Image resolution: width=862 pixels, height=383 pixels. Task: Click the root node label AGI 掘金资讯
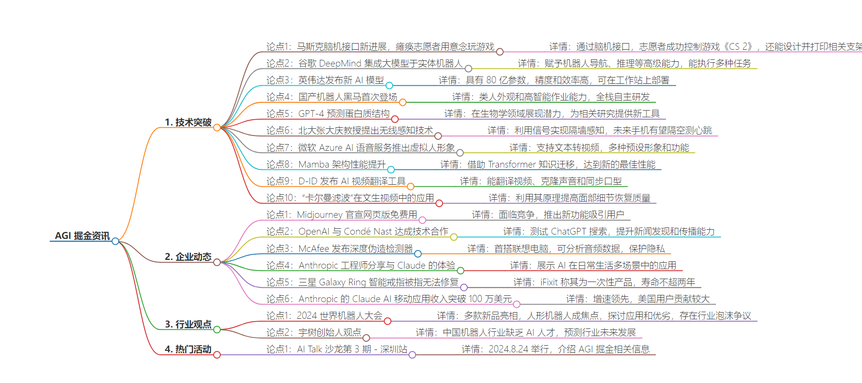82,236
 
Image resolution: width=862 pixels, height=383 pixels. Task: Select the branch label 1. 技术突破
188,122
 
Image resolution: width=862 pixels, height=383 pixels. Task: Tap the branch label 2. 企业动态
188,257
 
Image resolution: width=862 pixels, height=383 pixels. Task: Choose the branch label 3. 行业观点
188,324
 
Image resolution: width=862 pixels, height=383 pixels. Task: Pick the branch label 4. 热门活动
188,349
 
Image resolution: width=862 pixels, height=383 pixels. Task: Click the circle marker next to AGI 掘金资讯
115,241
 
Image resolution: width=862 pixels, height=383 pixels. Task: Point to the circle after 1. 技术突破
217,127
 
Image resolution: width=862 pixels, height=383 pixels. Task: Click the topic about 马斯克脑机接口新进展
380,46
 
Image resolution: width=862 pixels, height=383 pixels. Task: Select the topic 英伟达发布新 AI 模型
325,80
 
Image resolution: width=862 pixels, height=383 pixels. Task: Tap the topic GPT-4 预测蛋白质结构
328,113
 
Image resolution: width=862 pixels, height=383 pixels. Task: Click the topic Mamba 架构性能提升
326,164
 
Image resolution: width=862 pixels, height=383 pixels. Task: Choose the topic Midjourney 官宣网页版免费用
342,214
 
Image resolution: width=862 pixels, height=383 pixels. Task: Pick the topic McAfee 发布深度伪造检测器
340,248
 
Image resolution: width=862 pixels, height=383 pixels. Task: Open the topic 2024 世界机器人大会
324,315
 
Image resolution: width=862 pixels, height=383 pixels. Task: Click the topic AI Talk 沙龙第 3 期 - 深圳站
337,349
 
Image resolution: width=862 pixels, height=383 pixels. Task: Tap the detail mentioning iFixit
604,282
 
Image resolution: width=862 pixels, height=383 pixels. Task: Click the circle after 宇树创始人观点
366,338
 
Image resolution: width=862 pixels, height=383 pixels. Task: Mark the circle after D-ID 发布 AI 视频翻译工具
410,186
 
